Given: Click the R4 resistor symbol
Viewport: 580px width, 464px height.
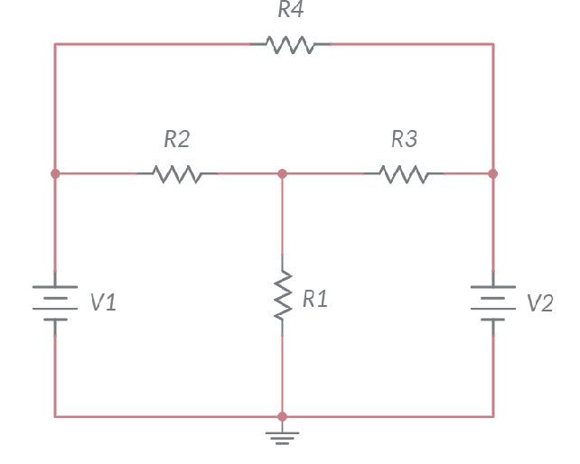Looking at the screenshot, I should [291, 43].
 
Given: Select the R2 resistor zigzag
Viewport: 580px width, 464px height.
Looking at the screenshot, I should [177, 172].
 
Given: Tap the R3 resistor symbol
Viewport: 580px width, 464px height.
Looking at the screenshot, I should [404, 172].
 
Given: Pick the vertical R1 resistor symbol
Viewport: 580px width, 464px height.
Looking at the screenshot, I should [282, 294].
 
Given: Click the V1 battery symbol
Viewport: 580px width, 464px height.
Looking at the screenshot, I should [55, 302].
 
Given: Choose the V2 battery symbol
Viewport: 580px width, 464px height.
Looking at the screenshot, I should [493, 302].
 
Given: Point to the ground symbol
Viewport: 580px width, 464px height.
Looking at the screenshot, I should [282, 438].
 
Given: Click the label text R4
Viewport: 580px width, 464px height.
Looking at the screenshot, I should [291, 11].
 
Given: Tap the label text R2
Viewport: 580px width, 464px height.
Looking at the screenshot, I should [177, 140].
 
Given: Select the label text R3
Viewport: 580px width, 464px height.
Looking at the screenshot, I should [404, 140].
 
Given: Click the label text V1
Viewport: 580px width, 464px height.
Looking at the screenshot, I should [103, 303].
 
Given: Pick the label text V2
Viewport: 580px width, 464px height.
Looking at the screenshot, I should [539, 303].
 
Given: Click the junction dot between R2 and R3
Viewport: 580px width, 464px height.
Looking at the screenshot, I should [282, 172].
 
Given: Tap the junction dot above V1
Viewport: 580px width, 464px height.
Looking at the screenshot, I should [55, 172].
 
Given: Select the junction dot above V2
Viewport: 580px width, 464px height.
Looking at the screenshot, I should [493, 172].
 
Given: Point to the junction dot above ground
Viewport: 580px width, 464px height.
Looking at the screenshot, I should [282, 416].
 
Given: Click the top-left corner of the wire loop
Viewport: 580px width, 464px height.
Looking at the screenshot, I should [55, 43].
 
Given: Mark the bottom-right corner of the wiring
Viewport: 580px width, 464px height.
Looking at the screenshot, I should [493, 416].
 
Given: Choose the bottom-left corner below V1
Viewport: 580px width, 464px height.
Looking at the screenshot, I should [55, 416].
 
